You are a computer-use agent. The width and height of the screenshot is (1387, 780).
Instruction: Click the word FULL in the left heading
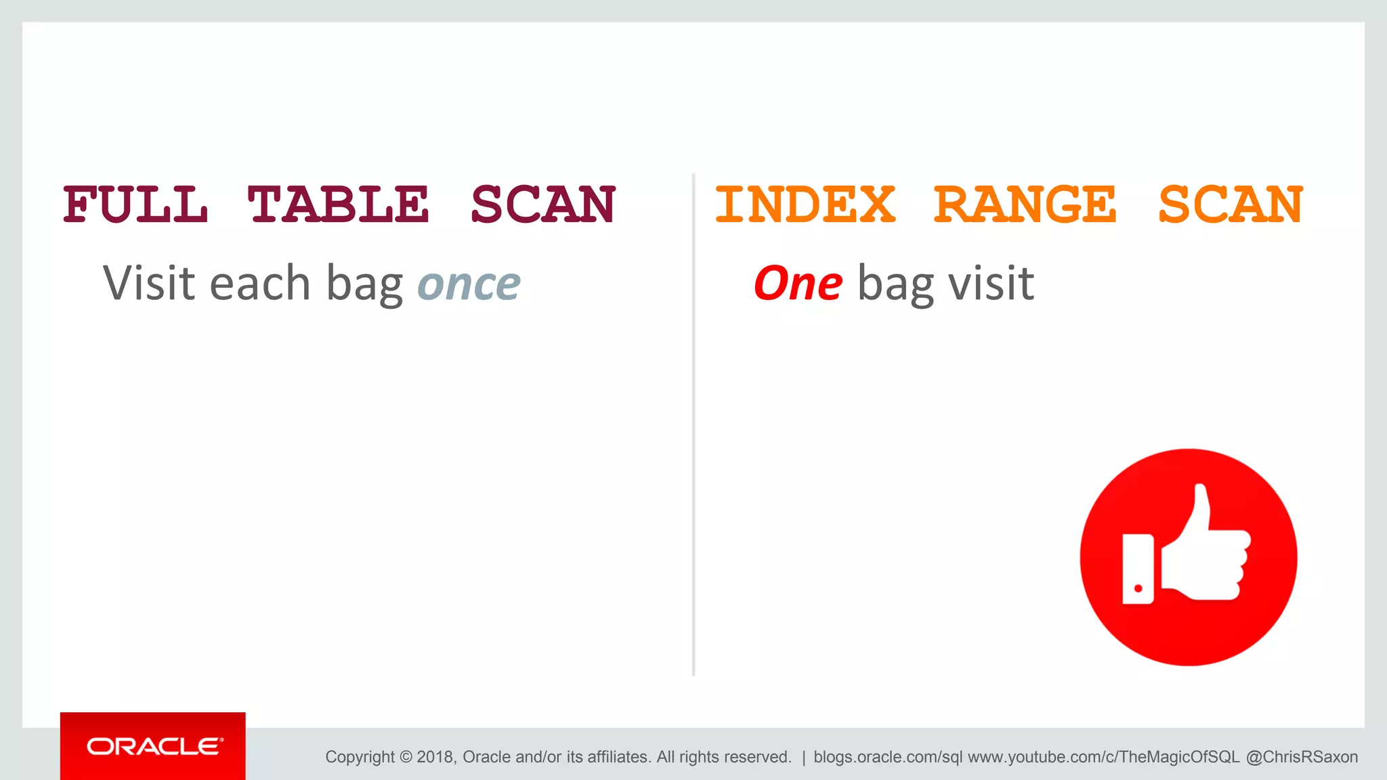point(135,204)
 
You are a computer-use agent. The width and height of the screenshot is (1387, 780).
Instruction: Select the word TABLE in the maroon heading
point(338,204)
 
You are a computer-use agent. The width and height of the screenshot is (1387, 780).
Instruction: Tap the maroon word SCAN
point(543,204)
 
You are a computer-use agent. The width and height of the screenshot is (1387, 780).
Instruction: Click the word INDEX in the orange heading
point(805,204)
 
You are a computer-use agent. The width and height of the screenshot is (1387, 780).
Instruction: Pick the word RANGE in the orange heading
point(1025,204)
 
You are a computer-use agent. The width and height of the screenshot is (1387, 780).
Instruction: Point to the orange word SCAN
point(1231,204)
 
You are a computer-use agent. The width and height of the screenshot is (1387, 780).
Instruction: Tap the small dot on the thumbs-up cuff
point(1138,588)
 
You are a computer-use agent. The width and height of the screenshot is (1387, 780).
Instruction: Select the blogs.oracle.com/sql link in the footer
point(887,757)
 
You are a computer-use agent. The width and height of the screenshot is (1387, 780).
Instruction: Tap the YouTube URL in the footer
point(1103,757)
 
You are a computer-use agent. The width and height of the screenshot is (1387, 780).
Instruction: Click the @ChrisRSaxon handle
point(1302,757)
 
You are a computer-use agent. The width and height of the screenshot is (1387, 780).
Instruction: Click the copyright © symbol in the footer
point(405,757)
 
